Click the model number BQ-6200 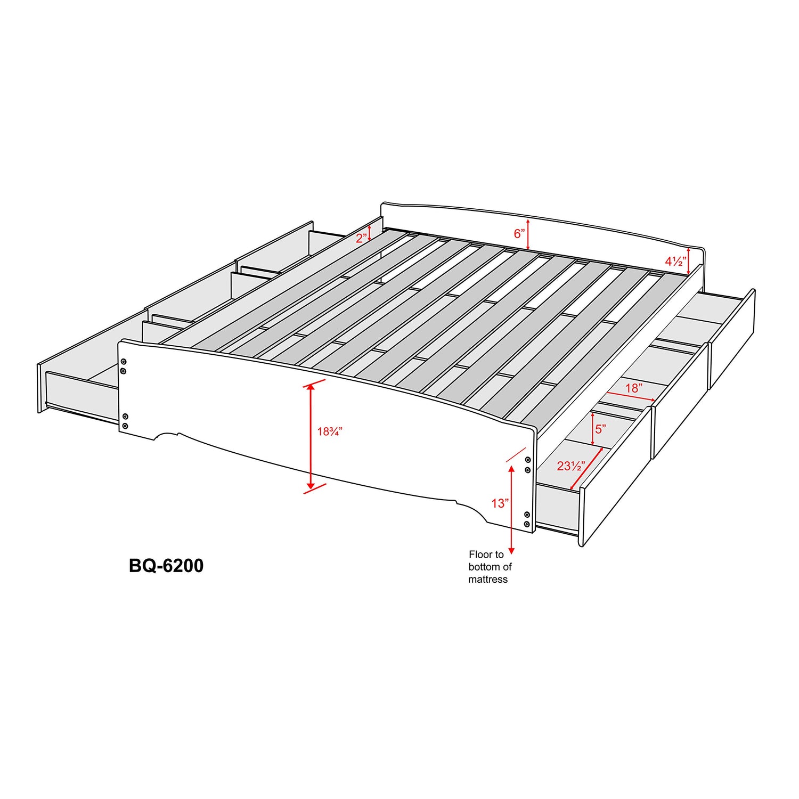(166, 565)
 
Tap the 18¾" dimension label (330, 431)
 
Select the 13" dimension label (500, 503)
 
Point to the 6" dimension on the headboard (519, 234)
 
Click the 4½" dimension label (675, 262)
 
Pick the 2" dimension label (362, 238)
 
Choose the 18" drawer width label (634, 388)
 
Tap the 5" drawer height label (600, 429)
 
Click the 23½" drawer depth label (571, 466)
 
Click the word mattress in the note (488, 580)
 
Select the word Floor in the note (478, 555)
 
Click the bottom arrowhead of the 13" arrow (511, 551)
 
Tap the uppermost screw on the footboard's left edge (124, 362)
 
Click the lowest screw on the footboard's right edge (527, 524)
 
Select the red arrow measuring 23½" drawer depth (586, 469)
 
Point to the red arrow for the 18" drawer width (631, 397)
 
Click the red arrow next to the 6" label (528, 234)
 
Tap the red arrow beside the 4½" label (689, 261)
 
